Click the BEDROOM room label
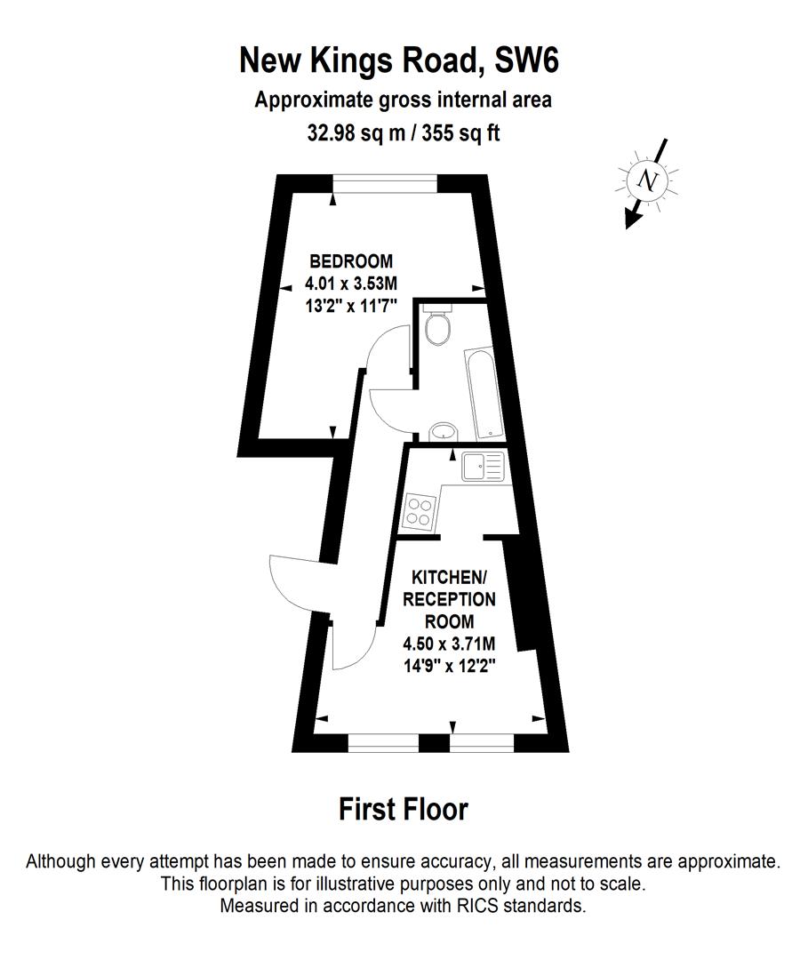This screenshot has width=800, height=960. click(x=350, y=261)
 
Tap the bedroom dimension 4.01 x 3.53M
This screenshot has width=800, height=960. click(x=350, y=284)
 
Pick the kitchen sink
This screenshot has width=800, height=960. click(x=483, y=467)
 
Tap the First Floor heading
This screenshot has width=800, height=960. click(x=403, y=810)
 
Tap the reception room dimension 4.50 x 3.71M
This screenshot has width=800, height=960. click(x=449, y=644)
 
